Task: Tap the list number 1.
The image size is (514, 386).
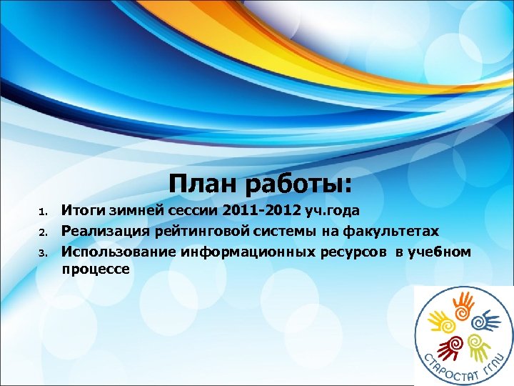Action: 43,212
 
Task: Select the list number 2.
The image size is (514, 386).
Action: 43,232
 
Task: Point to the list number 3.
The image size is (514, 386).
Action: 43,252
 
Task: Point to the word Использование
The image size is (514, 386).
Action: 119,251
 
